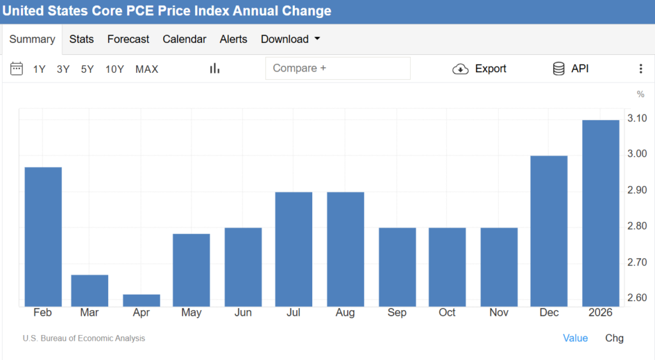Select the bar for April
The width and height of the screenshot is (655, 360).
point(141,301)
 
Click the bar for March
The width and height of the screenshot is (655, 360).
point(90,291)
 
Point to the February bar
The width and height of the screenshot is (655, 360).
point(43,237)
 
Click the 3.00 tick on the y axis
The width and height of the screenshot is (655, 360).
point(636,153)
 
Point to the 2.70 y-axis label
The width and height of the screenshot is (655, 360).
point(636,262)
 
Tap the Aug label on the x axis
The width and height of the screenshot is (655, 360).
point(345,313)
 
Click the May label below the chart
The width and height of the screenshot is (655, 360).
point(191,313)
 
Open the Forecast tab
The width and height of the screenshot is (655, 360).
point(128,39)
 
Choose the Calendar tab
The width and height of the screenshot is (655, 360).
point(184,39)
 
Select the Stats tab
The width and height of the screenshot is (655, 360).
point(81,39)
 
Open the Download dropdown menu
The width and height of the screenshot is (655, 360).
point(290,39)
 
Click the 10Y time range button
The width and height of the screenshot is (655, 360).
point(114,69)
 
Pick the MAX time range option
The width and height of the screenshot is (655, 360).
point(146,69)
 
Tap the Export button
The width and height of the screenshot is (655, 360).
point(480,69)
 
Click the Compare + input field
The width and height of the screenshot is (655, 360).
point(338,68)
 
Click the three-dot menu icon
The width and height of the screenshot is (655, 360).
point(641,69)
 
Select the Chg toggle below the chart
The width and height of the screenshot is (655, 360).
point(614,338)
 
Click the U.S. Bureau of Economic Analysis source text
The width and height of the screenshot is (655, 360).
point(84,338)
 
